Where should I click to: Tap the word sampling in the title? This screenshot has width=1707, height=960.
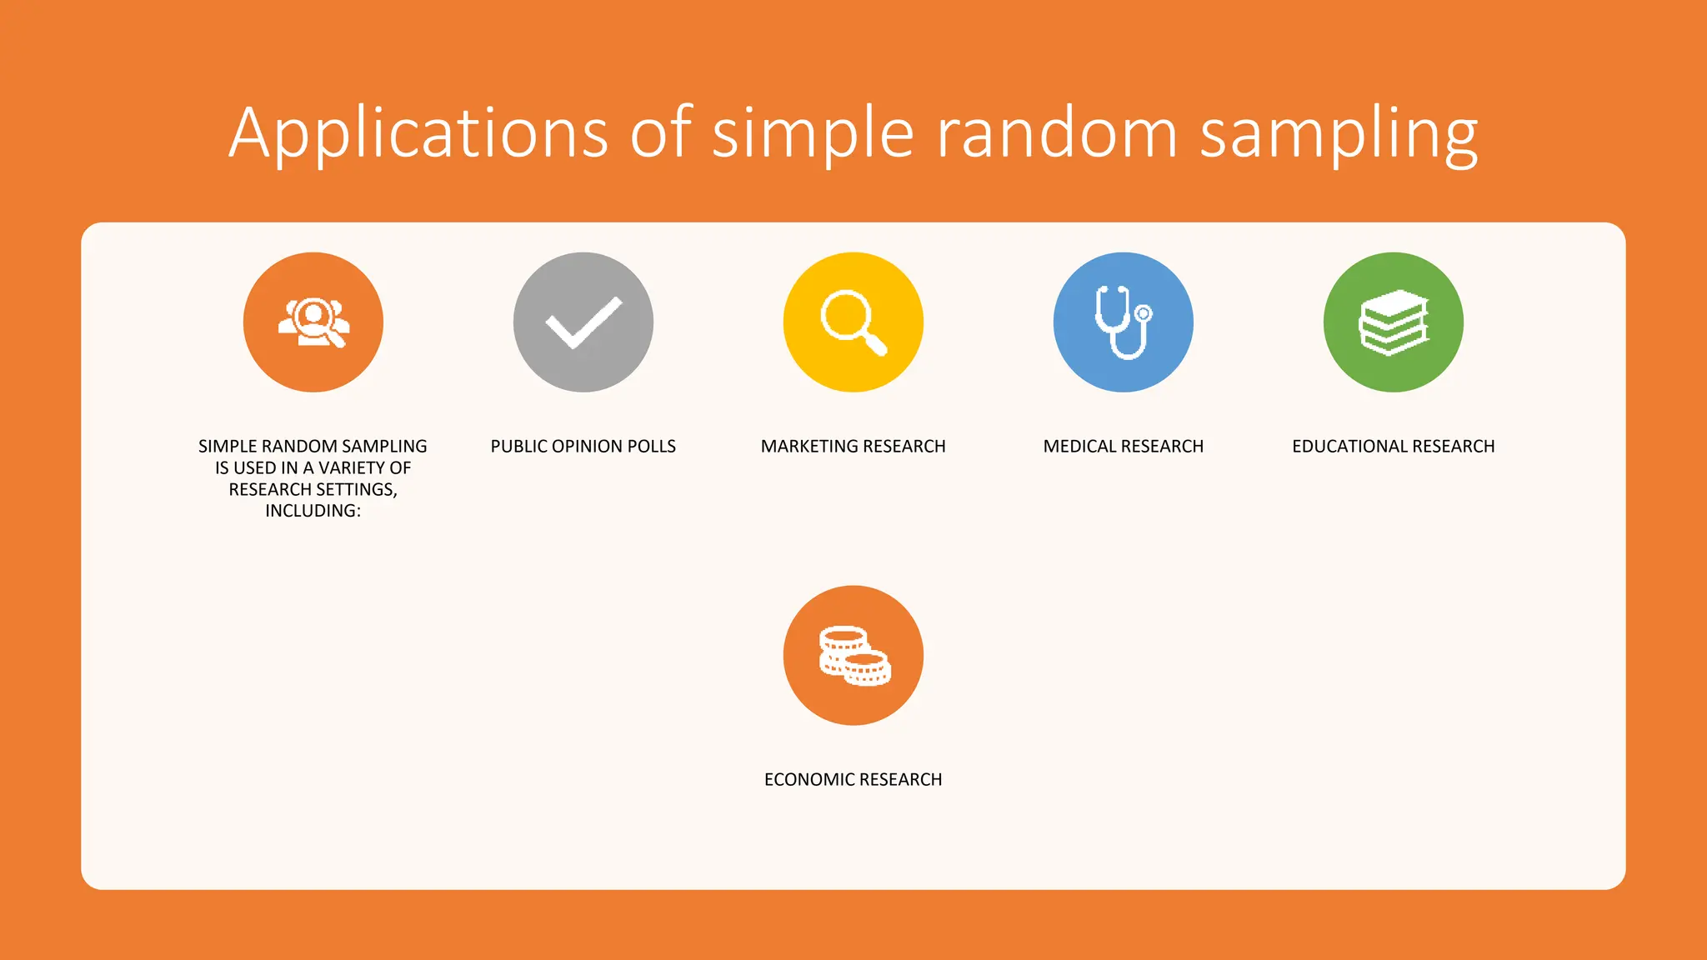[x=1338, y=133]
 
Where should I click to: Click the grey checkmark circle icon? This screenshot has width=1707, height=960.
[x=583, y=322]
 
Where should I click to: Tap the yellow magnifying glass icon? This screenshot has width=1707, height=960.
[x=853, y=322]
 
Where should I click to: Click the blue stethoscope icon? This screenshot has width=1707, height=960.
[x=1124, y=322]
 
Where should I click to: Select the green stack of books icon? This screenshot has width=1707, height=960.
[x=1394, y=322]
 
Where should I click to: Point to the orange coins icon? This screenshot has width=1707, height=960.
[x=853, y=656]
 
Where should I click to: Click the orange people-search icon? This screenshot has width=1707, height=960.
[x=313, y=322]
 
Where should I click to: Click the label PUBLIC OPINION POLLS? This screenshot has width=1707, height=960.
[x=583, y=447]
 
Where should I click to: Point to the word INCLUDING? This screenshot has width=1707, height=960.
[x=313, y=511]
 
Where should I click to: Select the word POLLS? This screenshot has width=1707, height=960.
[x=652, y=447]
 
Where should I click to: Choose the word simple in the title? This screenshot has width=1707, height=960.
[x=813, y=133]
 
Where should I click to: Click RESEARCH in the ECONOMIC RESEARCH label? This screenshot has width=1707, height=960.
[x=900, y=780]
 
